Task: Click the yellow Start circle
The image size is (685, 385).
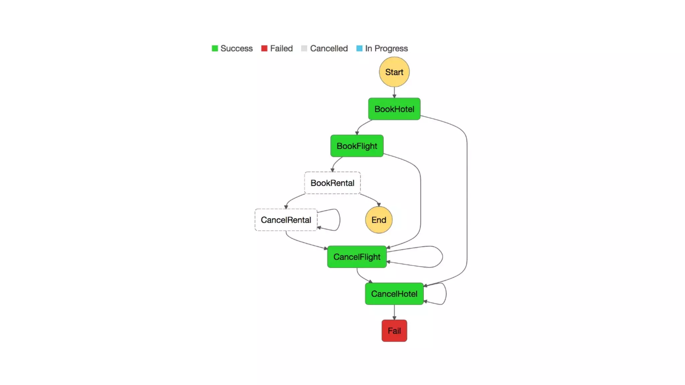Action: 394,72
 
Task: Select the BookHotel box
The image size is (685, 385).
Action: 394,109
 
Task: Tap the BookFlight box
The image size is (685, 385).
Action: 357,146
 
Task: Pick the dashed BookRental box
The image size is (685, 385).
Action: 332,183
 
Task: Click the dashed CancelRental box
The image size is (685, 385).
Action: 286,220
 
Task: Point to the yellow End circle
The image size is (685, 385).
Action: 379,220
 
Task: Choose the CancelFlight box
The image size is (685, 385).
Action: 357,257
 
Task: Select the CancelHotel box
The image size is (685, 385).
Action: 394,294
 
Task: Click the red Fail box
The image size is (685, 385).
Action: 394,331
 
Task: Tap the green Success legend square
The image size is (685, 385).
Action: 215,48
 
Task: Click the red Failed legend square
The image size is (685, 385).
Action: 264,48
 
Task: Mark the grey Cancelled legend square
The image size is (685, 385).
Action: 304,48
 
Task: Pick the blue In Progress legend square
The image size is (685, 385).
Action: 359,48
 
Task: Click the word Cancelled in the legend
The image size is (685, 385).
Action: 329,48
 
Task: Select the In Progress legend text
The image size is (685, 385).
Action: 386,48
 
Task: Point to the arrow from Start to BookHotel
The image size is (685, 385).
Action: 394,92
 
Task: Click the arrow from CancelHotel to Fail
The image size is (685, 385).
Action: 394,312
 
